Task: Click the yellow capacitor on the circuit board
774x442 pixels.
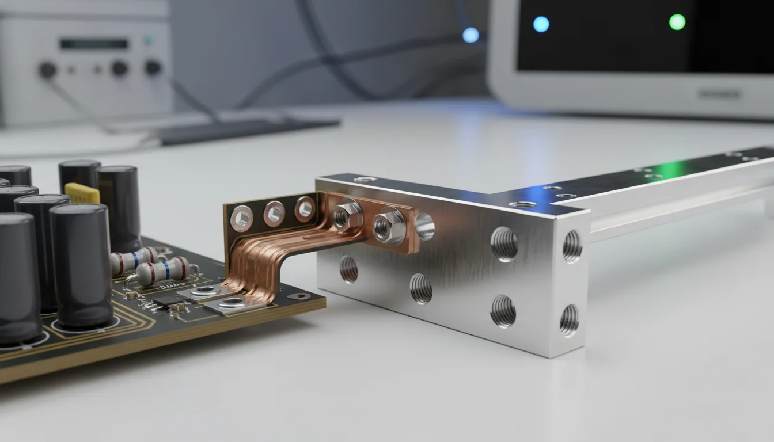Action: click(x=82, y=193)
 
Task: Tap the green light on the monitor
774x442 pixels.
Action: click(x=677, y=22)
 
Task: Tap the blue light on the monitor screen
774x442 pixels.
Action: click(x=541, y=24)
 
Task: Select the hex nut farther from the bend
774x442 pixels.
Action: click(x=382, y=226)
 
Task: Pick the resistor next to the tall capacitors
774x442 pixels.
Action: click(x=134, y=260)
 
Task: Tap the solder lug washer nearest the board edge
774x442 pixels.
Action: click(x=233, y=302)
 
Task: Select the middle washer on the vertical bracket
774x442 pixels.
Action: click(x=274, y=214)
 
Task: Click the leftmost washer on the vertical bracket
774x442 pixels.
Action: click(x=241, y=218)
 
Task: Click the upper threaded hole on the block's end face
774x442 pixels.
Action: click(x=571, y=246)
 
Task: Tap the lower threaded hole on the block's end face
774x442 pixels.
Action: click(x=569, y=319)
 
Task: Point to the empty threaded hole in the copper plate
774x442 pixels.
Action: click(x=424, y=226)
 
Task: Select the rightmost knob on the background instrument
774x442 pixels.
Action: click(x=153, y=67)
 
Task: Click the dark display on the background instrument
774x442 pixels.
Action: click(x=94, y=44)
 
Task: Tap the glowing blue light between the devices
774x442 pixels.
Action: click(x=471, y=35)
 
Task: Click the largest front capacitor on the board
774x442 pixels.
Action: click(x=81, y=265)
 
